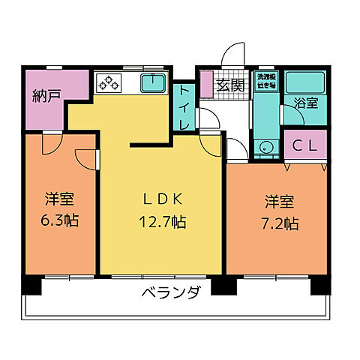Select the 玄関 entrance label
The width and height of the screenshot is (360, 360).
[229, 85]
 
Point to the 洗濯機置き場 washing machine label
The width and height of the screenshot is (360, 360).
[265, 82]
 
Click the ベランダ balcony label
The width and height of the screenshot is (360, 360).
[170, 293]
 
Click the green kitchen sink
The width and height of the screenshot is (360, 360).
[154, 82]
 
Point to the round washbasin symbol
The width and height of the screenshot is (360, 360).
[264, 148]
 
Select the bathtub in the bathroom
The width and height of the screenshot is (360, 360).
[304, 81]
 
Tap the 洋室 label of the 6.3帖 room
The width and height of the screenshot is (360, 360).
[58, 200]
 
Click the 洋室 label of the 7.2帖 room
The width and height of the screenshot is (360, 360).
[277, 201]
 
